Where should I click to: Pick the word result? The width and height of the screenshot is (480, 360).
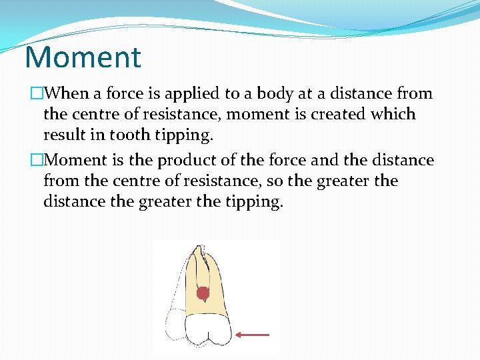coord(64,135)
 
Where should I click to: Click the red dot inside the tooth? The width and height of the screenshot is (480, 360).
coord(203,293)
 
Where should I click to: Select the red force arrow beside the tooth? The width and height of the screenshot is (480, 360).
coord(254,335)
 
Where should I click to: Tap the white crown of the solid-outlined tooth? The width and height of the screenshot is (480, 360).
coord(207,331)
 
